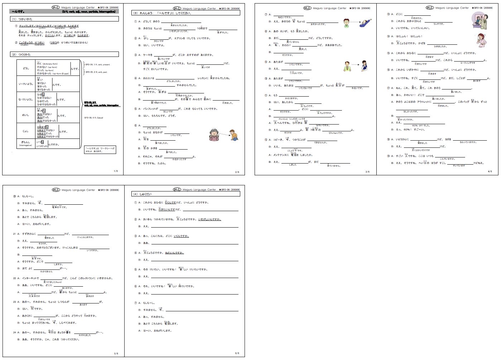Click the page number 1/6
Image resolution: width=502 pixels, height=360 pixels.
[x=115, y=171]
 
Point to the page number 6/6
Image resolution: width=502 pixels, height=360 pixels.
[x=237, y=353]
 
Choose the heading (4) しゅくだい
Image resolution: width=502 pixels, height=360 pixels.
[x=141, y=194]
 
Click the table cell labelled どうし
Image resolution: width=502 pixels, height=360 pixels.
[x=26, y=68]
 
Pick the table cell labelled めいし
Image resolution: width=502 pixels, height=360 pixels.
[x=26, y=115]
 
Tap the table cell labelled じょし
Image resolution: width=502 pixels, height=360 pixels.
[x=26, y=131]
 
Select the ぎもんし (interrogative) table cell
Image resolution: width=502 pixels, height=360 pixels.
[x=26, y=143]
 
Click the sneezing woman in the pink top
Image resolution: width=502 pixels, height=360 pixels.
[x=482, y=40]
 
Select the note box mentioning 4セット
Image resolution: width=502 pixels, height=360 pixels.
[x=100, y=149]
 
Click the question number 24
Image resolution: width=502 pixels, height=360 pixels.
[x=15, y=332]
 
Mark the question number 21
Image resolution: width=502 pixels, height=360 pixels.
[x=15, y=234]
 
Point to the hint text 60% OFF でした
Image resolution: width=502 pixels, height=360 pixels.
[x=421, y=126]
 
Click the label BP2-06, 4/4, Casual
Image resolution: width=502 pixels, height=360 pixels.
[x=94, y=117]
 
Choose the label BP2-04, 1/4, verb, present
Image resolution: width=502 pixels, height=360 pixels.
[x=97, y=64]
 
